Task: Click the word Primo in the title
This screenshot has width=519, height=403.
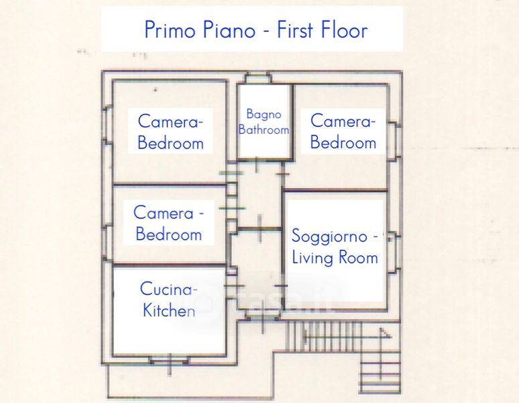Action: (x=170, y=30)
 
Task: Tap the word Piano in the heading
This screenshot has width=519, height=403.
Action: (x=229, y=30)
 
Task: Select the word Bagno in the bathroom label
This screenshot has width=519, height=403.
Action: (x=264, y=115)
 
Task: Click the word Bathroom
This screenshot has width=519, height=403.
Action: (x=264, y=130)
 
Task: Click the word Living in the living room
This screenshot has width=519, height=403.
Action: (x=312, y=258)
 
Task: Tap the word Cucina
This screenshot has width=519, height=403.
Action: (x=166, y=289)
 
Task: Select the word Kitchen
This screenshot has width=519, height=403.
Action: (x=169, y=310)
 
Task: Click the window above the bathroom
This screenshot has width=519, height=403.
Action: (x=258, y=78)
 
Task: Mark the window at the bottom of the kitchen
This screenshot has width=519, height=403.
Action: (x=170, y=360)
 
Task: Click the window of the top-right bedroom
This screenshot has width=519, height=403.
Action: (x=394, y=142)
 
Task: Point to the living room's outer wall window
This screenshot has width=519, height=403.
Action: (x=394, y=252)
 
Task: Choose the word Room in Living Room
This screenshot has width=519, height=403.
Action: (x=359, y=258)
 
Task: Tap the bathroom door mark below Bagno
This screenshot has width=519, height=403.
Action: (x=257, y=165)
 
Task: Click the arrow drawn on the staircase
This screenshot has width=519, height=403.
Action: (x=347, y=337)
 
